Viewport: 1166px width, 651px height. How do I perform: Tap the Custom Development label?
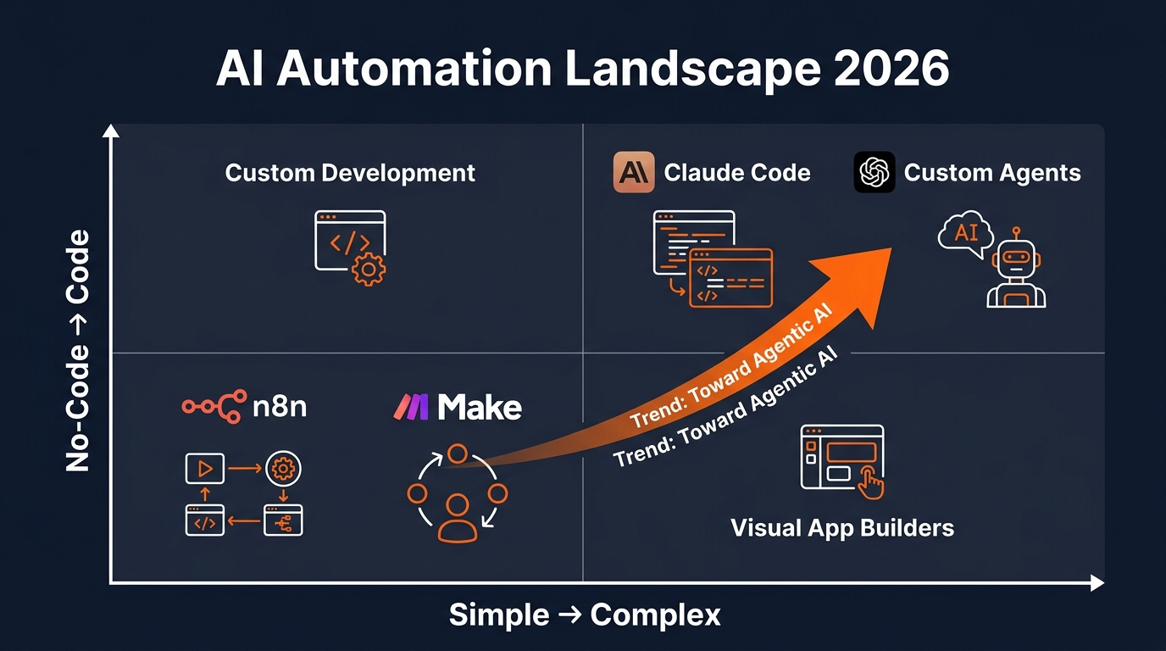350,173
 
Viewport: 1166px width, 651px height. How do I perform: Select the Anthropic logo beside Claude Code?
634,172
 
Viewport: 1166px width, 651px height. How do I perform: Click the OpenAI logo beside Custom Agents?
874,172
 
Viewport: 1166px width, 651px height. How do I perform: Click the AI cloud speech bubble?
966,231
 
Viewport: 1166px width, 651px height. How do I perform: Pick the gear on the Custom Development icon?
369,269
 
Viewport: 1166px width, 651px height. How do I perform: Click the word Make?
480,407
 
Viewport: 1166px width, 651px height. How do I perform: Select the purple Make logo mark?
413,407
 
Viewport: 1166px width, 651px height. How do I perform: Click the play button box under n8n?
204,468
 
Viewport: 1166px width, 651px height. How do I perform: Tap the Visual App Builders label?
841,527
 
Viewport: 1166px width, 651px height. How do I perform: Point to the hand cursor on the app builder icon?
869,484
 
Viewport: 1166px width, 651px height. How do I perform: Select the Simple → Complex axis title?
584,615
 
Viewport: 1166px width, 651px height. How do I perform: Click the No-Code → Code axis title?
78,350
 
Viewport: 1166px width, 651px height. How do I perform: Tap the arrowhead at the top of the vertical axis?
110,131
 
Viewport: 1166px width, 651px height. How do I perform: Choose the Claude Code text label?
736,173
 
